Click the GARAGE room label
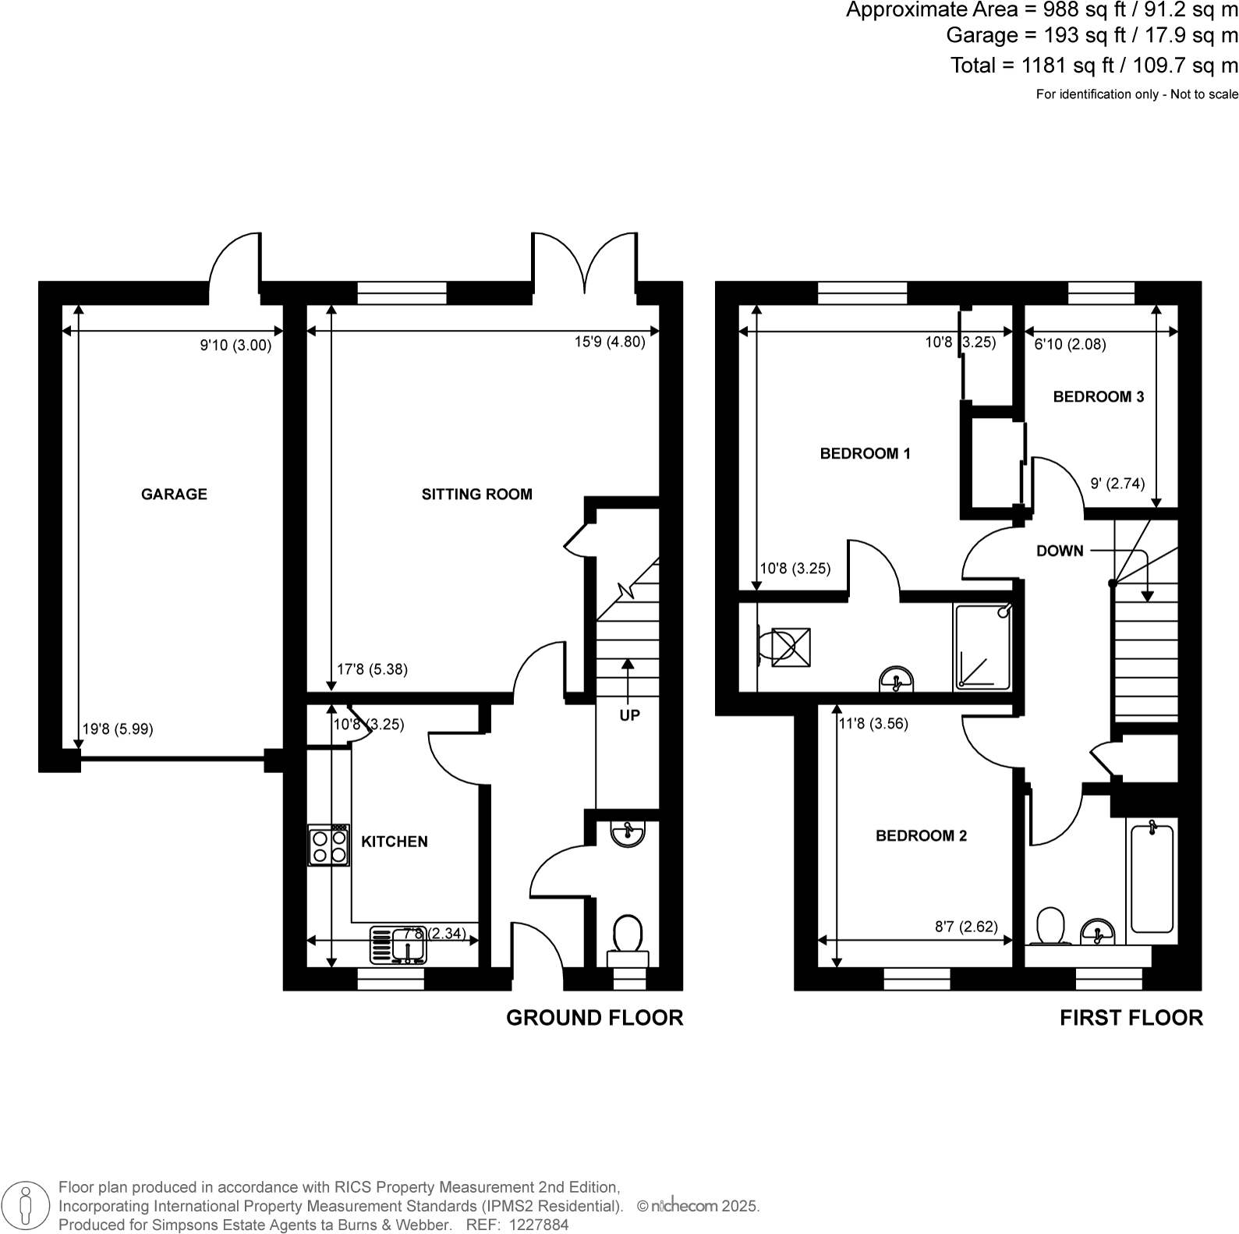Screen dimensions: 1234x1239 point(174,494)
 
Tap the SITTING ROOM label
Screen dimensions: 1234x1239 point(476,494)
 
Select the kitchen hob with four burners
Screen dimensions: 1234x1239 point(328,846)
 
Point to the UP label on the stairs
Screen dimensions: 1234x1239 point(629,715)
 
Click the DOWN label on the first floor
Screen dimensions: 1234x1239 point(1060,551)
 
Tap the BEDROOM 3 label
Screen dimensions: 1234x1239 point(1098,396)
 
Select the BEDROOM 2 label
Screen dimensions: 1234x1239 point(921,835)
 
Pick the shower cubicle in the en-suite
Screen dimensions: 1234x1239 point(982,647)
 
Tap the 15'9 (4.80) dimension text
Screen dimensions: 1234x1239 point(610,341)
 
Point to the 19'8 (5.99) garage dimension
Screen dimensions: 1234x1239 point(118,729)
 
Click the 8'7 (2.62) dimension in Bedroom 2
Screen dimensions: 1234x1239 point(966,927)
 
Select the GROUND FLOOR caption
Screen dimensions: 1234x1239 point(594,1018)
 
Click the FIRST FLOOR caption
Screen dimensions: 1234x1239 point(1131,1018)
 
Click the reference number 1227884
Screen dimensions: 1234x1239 point(538,1225)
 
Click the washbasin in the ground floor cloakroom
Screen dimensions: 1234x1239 point(628,833)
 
